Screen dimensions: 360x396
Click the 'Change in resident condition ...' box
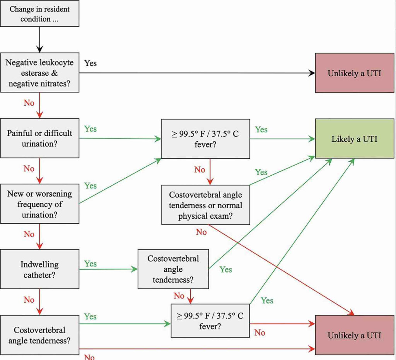[x=39, y=14]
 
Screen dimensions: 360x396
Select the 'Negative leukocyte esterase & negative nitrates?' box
[x=39, y=72]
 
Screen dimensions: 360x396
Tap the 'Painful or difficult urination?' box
[x=39, y=138]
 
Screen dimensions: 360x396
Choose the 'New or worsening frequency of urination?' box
[x=39, y=204]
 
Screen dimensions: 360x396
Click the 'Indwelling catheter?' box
[x=39, y=269]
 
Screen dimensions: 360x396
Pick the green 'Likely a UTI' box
[x=354, y=139]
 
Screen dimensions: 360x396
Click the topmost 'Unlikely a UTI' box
[x=354, y=73]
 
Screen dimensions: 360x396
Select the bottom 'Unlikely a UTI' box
[x=354, y=335]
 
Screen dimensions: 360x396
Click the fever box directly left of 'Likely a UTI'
[x=205, y=139]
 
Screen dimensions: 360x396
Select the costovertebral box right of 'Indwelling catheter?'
[x=173, y=269]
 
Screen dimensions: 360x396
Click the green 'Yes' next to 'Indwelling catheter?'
[x=90, y=264]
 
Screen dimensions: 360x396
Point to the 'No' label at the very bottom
[x=89, y=357]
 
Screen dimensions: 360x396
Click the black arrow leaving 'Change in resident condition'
[x=39, y=39]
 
